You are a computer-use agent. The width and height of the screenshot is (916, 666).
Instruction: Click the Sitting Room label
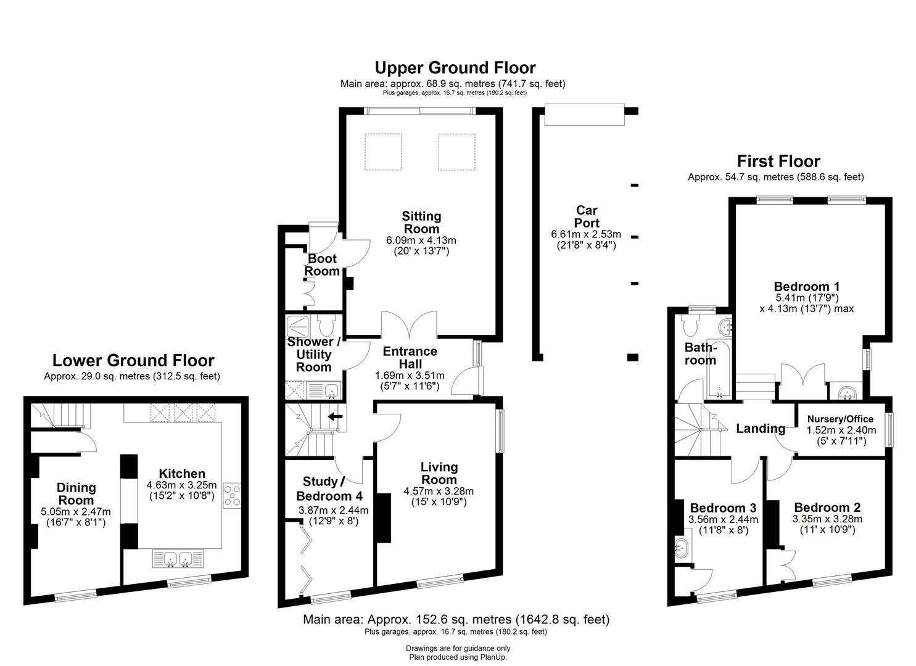[421, 223]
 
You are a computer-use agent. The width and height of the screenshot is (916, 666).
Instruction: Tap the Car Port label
[586, 216]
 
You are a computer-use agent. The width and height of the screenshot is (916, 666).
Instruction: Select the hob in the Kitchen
[233, 496]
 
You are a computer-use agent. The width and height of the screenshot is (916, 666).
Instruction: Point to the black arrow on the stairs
[336, 417]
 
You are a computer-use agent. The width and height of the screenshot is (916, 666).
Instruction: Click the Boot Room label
[323, 265]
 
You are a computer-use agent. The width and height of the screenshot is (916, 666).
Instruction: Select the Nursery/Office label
[840, 419]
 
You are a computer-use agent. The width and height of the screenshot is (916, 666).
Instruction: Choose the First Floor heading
[778, 162]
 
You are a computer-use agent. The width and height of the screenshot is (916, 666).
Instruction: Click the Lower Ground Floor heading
[133, 360]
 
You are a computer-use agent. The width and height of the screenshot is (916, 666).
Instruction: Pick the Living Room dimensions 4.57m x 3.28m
[439, 491]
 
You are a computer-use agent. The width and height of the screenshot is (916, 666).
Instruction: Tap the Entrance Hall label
[410, 358]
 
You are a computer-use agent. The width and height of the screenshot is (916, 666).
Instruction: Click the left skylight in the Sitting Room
[384, 152]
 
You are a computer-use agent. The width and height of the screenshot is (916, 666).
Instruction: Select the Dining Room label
[76, 493]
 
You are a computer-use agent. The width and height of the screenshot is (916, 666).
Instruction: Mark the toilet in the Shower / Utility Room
[327, 324]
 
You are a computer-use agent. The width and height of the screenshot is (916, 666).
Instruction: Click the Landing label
[761, 429]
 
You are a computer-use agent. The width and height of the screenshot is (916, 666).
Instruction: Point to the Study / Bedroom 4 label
[329, 488]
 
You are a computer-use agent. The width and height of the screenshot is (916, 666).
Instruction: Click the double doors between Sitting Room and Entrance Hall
[409, 326]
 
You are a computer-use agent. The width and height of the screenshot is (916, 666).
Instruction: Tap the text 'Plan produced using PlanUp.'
[458, 657]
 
